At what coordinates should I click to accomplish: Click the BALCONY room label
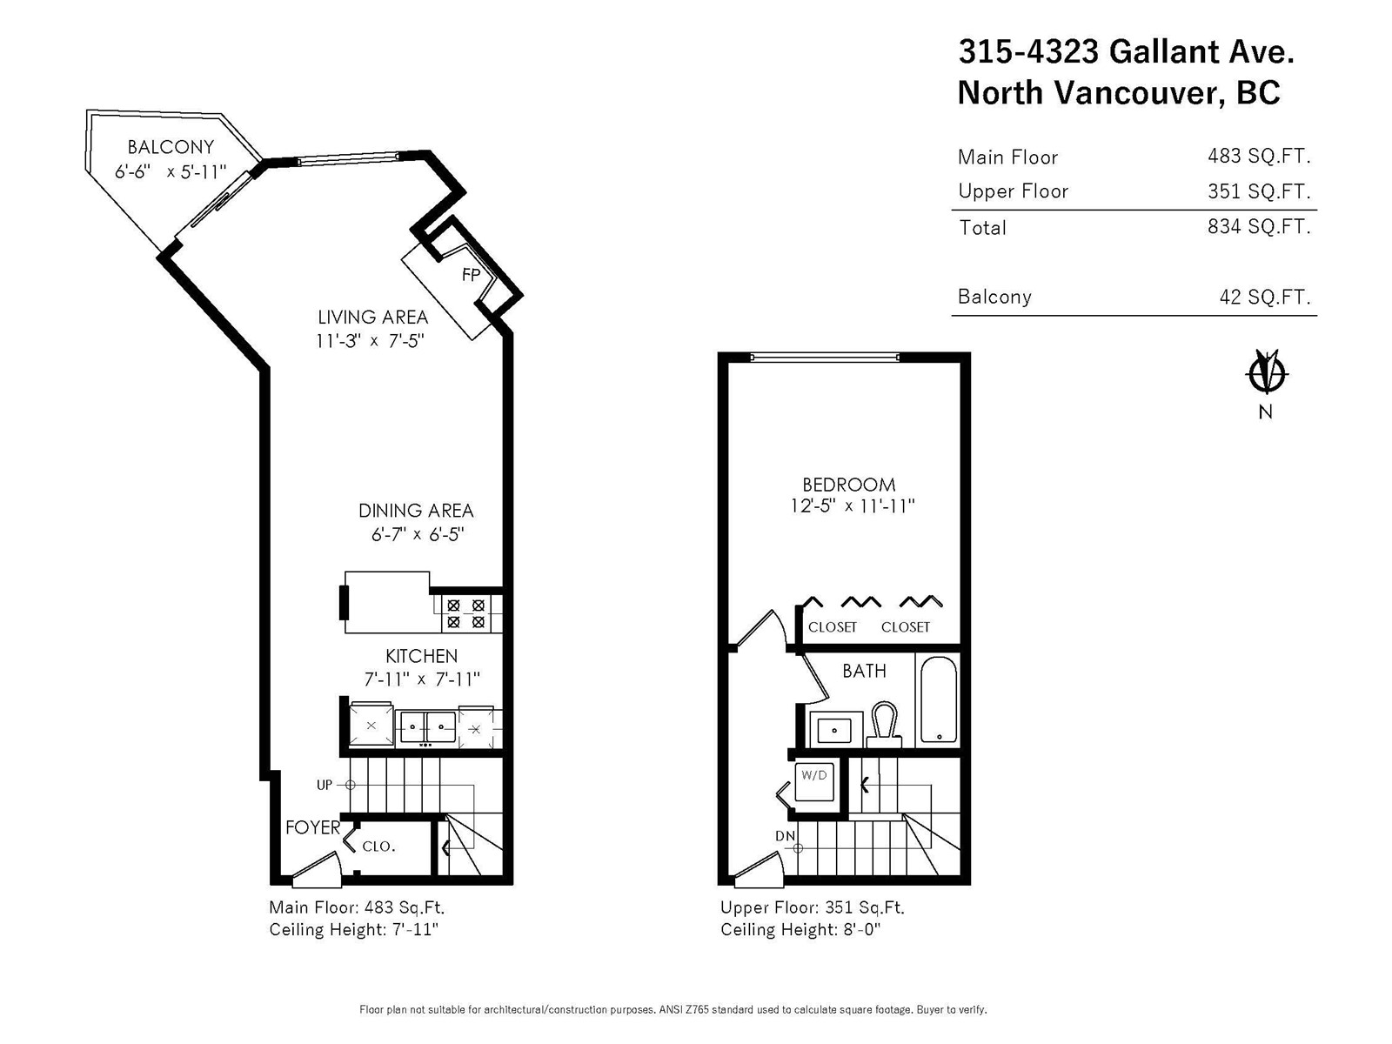pyautogui.click(x=171, y=147)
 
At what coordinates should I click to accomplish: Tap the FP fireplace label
pyautogui.click(x=472, y=274)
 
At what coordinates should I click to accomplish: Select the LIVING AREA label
pyautogui.click(x=372, y=317)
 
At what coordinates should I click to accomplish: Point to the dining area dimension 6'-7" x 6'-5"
pyautogui.click(x=418, y=534)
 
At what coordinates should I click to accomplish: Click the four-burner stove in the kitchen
pyautogui.click(x=466, y=613)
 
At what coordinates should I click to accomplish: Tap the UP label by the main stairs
pyautogui.click(x=324, y=785)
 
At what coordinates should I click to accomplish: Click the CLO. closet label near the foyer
pyautogui.click(x=378, y=847)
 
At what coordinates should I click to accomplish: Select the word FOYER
pyautogui.click(x=312, y=827)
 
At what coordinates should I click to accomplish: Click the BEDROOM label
pyautogui.click(x=848, y=485)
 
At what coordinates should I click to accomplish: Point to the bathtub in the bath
pyautogui.click(x=938, y=699)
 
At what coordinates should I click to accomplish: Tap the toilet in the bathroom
pyautogui.click(x=884, y=724)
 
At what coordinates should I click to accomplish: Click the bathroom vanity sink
pyautogui.click(x=835, y=730)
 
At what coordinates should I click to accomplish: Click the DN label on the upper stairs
pyautogui.click(x=785, y=836)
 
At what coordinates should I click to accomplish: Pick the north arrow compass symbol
pyautogui.click(x=1266, y=374)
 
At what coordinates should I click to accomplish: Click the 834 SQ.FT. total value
pyautogui.click(x=1259, y=226)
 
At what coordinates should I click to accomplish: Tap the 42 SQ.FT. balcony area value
pyautogui.click(x=1264, y=296)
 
